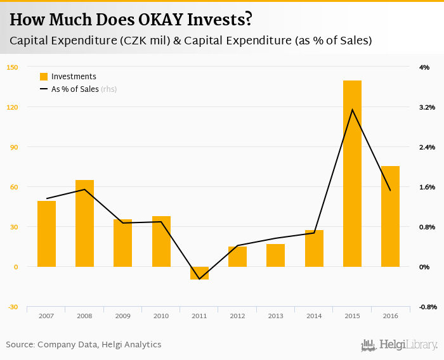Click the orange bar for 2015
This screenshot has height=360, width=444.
pos(352,174)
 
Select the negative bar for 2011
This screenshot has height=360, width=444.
pos(199,273)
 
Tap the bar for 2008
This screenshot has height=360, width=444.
pos(84,223)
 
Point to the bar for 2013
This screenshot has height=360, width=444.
pos(275,255)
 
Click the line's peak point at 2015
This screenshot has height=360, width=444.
pos(352,110)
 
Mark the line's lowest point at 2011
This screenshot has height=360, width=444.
pos(199,279)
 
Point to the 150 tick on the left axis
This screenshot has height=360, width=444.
pos(11,67)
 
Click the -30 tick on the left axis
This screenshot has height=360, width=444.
pos(11,307)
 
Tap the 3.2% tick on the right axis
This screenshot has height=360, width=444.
pos(428,107)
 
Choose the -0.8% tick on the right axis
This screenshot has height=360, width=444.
pos(428,307)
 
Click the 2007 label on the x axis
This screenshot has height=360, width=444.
pos(46,316)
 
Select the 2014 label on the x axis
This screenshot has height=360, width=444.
pos(313,316)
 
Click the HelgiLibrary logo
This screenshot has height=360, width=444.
pos(400,345)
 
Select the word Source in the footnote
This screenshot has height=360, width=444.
pos(20,345)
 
